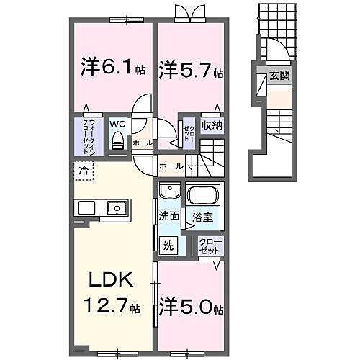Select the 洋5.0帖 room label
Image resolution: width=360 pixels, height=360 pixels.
point(192,308)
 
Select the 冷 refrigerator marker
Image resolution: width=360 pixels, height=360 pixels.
point(84,172)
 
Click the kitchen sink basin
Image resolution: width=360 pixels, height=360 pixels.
point(115,208)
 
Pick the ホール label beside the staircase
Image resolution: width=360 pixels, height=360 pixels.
point(171,166)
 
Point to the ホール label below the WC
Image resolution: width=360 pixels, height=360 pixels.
point(142,143)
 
